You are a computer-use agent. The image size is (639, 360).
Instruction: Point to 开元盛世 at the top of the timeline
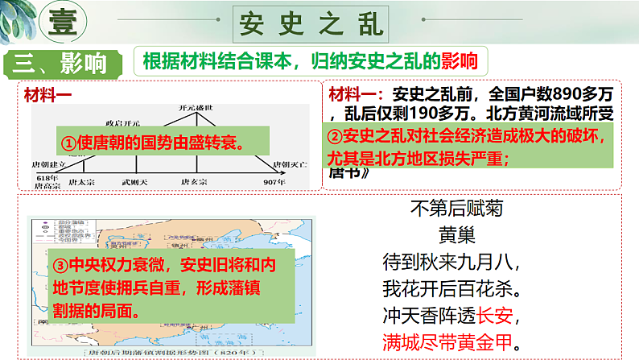click(196, 107)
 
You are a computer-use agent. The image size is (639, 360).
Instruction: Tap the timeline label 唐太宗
click(83, 182)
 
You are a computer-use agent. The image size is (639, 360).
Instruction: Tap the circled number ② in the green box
click(336, 138)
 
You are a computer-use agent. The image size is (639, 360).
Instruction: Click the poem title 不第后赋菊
click(456, 211)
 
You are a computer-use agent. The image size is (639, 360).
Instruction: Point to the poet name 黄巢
click(456, 237)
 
